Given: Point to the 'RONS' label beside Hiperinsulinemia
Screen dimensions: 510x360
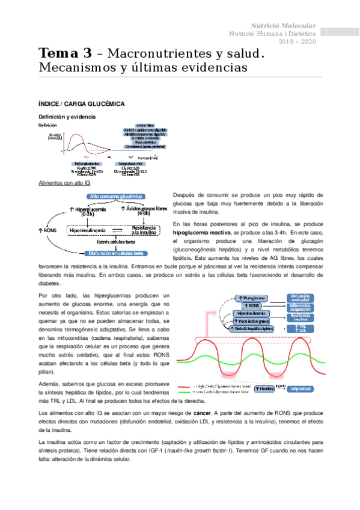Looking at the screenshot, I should [47, 230].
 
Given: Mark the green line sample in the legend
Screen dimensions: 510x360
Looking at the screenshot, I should [183, 393].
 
